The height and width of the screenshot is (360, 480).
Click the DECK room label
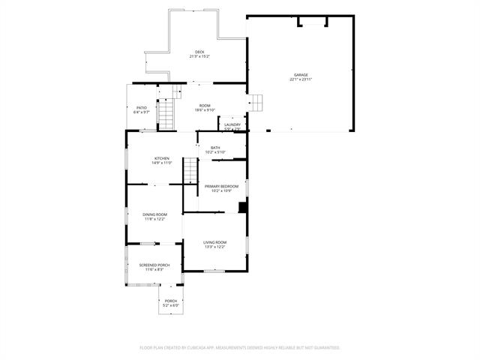[x=199, y=52]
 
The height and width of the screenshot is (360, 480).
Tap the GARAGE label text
[x=301, y=75]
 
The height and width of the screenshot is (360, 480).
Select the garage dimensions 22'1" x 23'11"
[x=301, y=79]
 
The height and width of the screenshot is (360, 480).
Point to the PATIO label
[x=141, y=108]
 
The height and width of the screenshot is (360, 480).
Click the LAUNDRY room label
[x=232, y=124]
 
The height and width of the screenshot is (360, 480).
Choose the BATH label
[x=215, y=148]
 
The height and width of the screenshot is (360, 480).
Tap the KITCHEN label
[x=162, y=158]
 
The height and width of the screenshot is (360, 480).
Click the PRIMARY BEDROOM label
[x=221, y=186]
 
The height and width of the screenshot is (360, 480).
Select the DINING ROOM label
[x=154, y=215]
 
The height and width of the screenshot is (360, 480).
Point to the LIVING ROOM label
[x=215, y=242]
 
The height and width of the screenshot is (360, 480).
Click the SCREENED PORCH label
[x=154, y=265]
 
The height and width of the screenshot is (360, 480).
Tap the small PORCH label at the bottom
[x=171, y=301]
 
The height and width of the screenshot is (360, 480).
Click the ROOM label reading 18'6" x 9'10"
[x=205, y=106]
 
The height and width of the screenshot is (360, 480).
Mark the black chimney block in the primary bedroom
[x=242, y=208]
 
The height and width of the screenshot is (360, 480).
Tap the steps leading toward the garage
[x=256, y=102]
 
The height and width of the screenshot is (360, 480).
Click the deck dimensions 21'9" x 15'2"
[x=199, y=56]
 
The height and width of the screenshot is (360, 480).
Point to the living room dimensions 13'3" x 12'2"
[x=215, y=247]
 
